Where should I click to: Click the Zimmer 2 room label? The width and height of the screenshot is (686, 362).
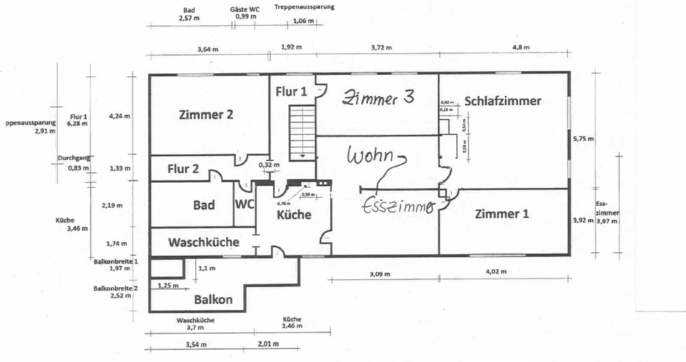206,114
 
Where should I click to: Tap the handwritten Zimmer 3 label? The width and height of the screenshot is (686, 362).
378,99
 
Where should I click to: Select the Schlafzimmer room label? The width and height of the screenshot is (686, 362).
502,101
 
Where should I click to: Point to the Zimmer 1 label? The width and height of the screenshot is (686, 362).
501,213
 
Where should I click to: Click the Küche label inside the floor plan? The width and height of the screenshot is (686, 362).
293,213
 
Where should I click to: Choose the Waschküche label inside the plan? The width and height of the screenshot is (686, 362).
204,242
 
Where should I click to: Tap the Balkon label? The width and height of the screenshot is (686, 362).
213,300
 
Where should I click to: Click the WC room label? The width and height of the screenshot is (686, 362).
245,204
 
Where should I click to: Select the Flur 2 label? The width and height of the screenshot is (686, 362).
184,169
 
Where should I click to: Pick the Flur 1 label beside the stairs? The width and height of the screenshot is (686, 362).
292,92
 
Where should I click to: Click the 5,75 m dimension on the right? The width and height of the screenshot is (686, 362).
583,140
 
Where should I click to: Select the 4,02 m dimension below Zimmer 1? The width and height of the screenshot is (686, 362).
495,272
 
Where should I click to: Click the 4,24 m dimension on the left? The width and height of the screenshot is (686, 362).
119,116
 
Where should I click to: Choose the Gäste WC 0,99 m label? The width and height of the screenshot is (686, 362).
245,14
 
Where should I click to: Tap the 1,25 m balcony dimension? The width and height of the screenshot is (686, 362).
167,285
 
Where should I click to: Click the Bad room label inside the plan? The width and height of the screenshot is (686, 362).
204,205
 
